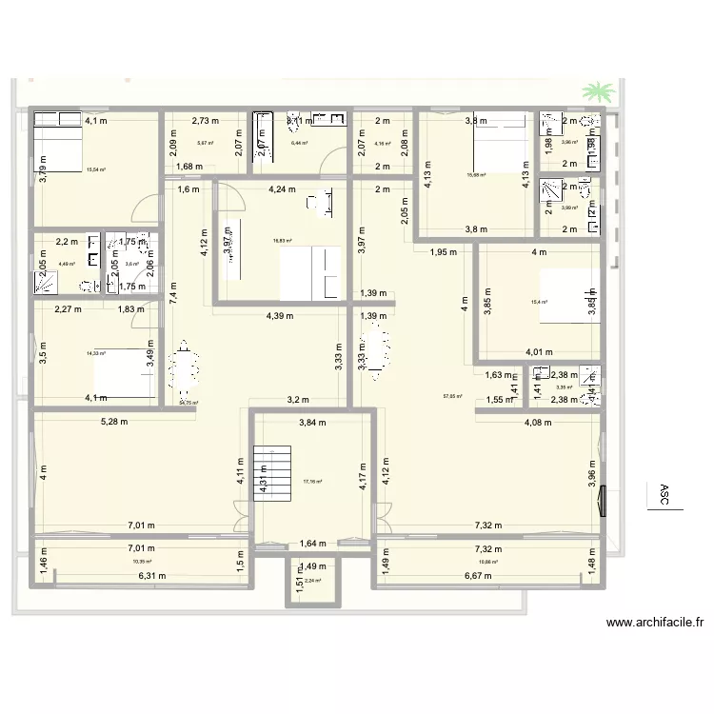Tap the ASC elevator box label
click(664, 495)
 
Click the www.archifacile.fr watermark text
click(655, 625)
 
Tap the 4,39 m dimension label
click(280, 316)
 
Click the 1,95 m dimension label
click(446, 252)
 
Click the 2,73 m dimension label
click(206, 121)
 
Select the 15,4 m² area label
click(540, 303)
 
